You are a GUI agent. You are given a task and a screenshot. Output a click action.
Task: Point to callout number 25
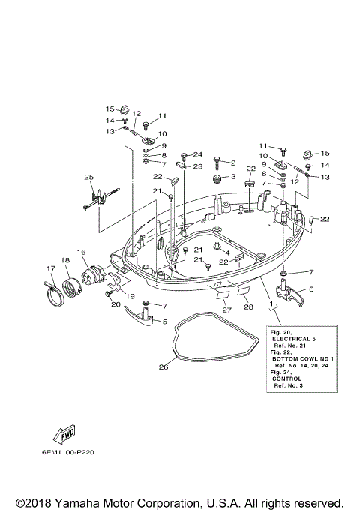[x=89, y=178]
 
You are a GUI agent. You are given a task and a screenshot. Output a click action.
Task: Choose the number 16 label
[x=81, y=253]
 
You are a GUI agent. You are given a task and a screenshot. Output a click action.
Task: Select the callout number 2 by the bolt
[x=232, y=163]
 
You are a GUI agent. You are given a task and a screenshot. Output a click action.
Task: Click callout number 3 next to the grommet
[x=232, y=177]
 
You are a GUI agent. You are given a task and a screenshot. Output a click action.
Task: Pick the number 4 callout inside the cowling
[x=226, y=253]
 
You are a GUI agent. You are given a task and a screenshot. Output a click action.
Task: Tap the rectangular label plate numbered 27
[x=222, y=295]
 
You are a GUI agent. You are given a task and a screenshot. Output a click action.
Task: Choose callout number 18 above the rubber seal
[x=66, y=260]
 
